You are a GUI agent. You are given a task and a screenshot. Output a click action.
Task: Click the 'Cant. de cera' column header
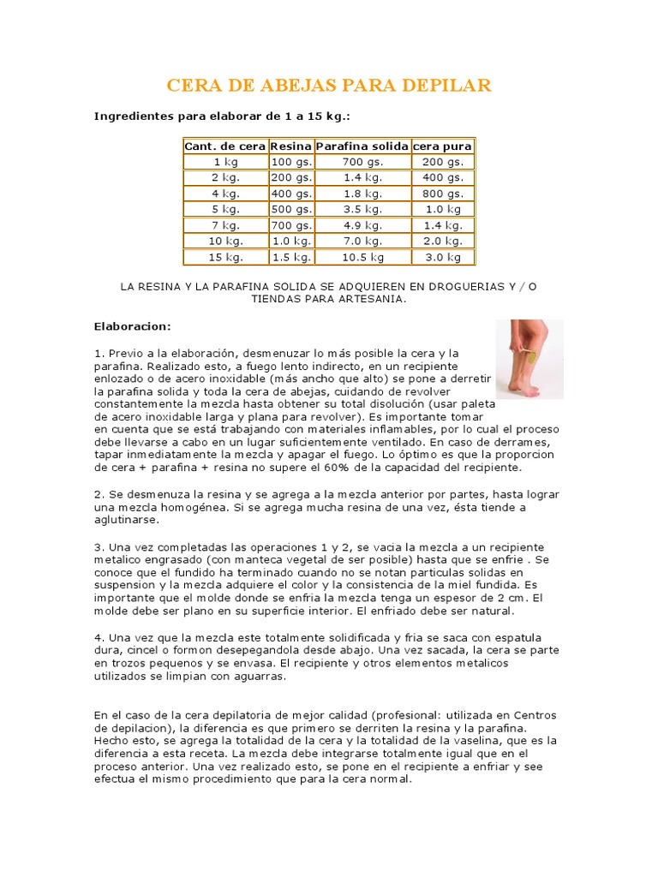tap(225, 146)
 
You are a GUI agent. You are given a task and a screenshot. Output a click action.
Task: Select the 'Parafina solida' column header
tap(362, 146)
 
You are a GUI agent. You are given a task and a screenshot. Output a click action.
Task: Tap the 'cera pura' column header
tap(442, 146)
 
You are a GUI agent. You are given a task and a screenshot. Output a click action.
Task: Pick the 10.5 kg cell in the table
tap(362, 257)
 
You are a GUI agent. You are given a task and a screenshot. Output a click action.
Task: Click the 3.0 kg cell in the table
tap(443, 257)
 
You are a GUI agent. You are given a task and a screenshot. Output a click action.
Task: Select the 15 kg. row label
tap(226, 257)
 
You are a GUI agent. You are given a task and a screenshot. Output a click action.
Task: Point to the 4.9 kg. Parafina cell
tap(362, 225)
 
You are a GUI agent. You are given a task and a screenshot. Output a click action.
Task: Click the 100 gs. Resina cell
tap(291, 162)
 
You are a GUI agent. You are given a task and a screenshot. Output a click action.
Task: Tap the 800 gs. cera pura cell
tap(443, 194)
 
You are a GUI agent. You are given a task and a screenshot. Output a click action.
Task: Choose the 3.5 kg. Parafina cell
tap(362, 209)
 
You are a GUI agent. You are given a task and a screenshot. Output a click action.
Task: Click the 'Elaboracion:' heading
tap(132, 326)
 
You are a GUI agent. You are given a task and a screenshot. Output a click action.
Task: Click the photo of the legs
tap(529, 359)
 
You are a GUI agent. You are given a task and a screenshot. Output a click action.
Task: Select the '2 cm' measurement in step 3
tap(514, 597)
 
